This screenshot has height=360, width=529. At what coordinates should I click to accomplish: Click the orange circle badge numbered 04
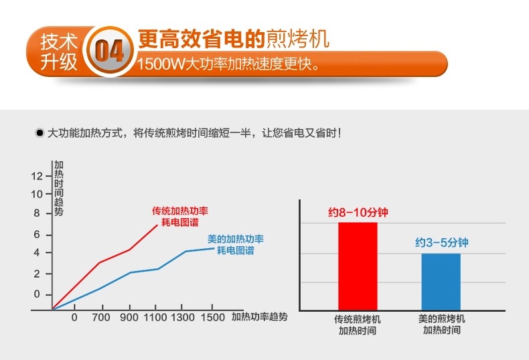109,52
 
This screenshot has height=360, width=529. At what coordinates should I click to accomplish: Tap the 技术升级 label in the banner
60,52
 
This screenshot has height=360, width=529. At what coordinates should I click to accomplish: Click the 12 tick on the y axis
36,176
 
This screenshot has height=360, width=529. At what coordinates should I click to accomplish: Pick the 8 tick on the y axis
36,213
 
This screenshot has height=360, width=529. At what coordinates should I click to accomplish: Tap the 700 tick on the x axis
100,317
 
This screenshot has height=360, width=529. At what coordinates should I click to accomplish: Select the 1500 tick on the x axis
213,317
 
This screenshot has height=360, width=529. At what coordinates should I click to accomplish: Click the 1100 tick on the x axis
157,317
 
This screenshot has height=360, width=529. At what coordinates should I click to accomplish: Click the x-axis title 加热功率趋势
260,317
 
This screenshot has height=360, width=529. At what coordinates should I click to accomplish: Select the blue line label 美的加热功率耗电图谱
235,244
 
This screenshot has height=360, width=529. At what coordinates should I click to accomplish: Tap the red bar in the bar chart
358,266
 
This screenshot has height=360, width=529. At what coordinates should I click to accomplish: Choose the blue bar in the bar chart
441,281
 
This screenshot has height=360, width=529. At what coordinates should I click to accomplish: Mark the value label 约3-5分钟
441,244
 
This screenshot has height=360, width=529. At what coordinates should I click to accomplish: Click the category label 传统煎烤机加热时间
358,325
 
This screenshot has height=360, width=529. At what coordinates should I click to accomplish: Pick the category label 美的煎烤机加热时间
441,325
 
